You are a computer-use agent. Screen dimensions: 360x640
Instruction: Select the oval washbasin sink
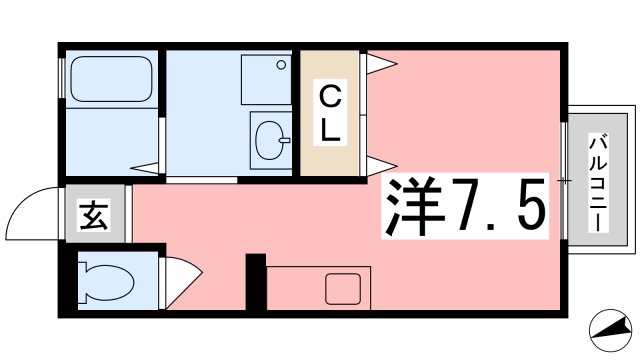click(269, 141)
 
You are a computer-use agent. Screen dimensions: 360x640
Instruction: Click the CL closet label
click(331, 112)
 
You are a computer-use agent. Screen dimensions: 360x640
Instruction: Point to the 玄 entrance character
click(93, 214)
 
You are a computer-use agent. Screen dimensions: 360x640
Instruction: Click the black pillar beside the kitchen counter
click(256, 283)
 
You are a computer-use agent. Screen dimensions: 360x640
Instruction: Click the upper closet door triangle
click(380, 66)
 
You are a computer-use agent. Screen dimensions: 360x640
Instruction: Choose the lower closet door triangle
click(380, 163)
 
